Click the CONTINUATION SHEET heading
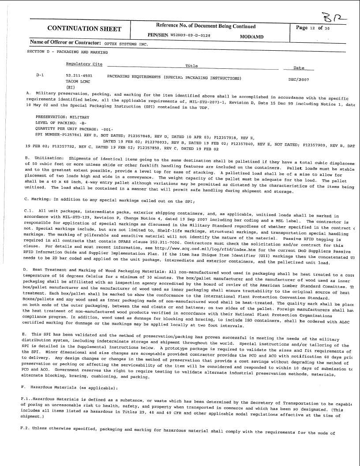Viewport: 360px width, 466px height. click(84, 29)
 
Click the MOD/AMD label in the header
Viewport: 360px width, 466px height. click(251, 37)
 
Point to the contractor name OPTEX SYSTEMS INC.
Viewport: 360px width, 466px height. click(125, 45)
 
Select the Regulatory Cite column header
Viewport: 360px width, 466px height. click(84, 64)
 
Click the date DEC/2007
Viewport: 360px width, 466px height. click(298, 78)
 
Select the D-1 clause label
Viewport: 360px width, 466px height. click(40, 76)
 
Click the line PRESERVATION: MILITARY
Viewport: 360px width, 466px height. click(62, 117)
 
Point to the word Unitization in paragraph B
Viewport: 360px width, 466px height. click(49, 157)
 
